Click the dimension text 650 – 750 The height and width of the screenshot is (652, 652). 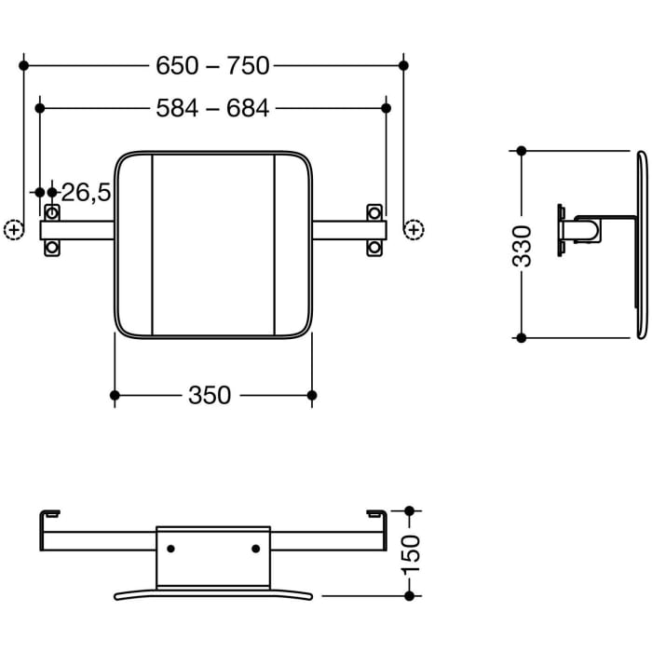coord(213,65)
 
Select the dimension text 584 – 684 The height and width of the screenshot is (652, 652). coord(213,108)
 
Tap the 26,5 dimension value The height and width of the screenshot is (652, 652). coord(87,193)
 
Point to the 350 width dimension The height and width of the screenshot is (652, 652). coord(210,396)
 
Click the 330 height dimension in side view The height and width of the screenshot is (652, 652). coord(524,245)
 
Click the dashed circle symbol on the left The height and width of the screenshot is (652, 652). coord(13,228)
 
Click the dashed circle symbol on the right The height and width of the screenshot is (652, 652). coord(414,228)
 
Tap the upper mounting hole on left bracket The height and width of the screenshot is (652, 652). coord(52,211)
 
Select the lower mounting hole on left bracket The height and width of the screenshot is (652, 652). coord(52,247)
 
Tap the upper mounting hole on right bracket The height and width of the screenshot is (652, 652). coord(374,211)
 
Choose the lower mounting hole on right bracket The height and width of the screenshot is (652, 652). coord(374,247)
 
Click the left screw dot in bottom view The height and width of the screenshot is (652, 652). coord(170,549)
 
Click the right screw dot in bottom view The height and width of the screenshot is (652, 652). coord(256,549)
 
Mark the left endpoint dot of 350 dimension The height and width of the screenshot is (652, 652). coord(115,396)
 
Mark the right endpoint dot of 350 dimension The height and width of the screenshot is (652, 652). coord(312,396)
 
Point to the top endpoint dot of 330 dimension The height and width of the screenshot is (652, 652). coord(522,151)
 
